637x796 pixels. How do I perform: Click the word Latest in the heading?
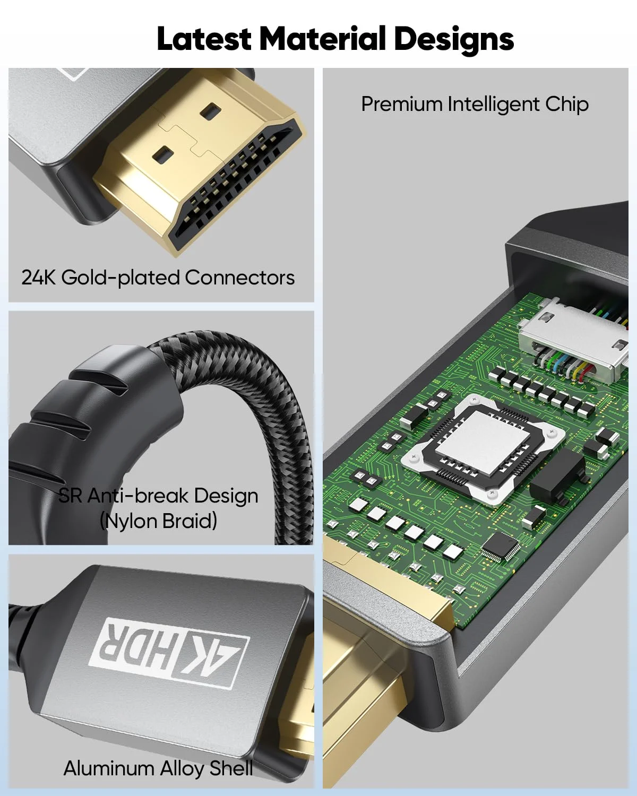click(x=203, y=39)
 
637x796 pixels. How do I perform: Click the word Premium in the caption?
click(x=401, y=105)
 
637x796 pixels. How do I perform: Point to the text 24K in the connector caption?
click(x=38, y=278)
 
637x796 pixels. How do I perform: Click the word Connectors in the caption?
click(x=240, y=278)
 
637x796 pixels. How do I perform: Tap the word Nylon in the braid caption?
click(x=131, y=521)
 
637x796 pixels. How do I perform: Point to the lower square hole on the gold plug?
click(x=162, y=154)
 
